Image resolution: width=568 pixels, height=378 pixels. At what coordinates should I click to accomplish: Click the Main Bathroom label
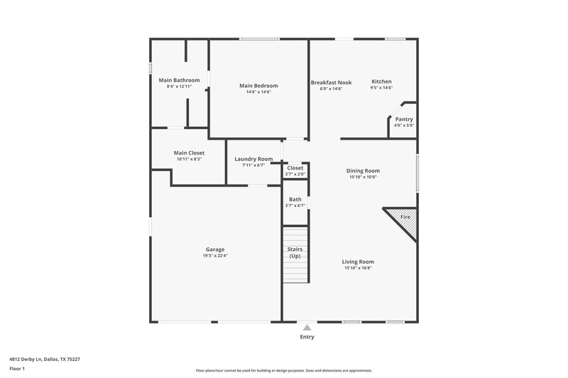tap(179, 80)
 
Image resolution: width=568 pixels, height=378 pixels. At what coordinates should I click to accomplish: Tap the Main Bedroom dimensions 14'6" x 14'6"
tap(259, 91)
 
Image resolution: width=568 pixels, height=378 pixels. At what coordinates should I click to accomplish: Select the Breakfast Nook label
tap(331, 82)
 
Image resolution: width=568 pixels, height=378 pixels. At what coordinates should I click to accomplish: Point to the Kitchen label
tap(381, 82)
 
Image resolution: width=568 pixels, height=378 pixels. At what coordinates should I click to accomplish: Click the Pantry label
tap(404, 119)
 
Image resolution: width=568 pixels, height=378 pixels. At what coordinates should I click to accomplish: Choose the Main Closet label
tap(189, 152)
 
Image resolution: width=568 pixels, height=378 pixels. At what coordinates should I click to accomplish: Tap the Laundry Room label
tap(253, 159)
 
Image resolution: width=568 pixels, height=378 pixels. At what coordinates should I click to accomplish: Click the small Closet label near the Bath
tap(295, 168)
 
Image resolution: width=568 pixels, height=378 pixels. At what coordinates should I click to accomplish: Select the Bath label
tap(295, 199)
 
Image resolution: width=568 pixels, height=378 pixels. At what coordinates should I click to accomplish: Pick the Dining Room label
tap(363, 171)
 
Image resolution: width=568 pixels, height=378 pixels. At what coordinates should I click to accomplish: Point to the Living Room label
tap(358, 262)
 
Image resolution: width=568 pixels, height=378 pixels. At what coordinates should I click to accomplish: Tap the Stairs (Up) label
tap(295, 252)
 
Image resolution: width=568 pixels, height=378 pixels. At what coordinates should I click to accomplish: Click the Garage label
tap(215, 250)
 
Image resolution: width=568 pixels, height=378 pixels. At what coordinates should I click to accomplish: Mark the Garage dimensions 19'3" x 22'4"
tap(215, 256)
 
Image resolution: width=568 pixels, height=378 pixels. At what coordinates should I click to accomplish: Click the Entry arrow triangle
tap(307, 328)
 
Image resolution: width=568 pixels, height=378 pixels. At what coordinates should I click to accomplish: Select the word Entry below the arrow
tap(307, 338)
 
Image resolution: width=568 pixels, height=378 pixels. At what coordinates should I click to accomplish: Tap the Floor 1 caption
tap(17, 369)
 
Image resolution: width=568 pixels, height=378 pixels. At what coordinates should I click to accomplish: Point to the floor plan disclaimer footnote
tap(284, 370)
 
